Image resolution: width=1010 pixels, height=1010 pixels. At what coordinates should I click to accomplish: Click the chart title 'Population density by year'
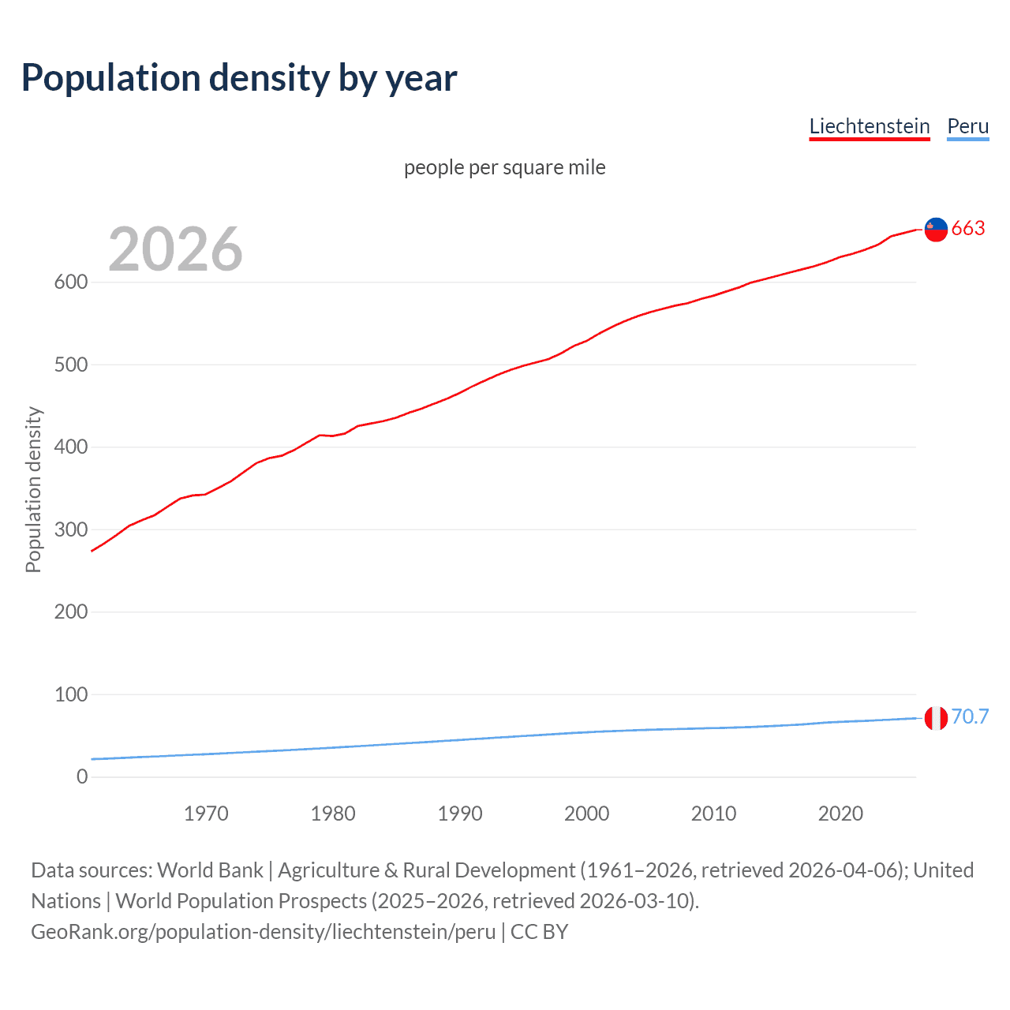pyautogui.click(x=239, y=78)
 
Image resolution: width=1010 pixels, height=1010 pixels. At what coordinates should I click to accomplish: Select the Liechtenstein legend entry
pyautogui.click(x=870, y=126)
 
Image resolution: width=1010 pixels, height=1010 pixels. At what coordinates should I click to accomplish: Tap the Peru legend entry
pyautogui.click(x=967, y=126)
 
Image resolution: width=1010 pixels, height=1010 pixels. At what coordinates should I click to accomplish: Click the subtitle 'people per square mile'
pyautogui.click(x=505, y=167)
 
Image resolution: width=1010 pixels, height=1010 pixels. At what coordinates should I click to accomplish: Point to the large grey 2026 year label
pyautogui.click(x=175, y=249)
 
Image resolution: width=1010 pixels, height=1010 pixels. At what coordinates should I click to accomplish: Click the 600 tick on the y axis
pyautogui.click(x=70, y=282)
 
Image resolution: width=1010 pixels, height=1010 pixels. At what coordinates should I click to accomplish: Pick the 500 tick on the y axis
pyautogui.click(x=70, y=365)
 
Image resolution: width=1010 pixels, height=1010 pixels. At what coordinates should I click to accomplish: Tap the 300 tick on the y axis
pyautogui.click(x=70, y=529)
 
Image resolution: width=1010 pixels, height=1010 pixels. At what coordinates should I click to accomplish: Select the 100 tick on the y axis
pyautogui.click(x=70, y=694)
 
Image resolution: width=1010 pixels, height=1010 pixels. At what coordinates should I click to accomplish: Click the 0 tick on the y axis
pyautogui.click(x=82, y=776)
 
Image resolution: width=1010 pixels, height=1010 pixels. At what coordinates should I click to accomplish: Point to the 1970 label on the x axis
pyautogui.click(x=206, y=814)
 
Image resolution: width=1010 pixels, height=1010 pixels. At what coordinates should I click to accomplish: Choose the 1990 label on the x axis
pyautogui.click(x=460, y=814)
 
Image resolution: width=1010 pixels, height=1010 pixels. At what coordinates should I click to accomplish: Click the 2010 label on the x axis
pyautogui.click(x=713, y=814)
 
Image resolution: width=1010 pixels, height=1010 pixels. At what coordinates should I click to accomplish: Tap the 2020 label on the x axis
pyautogui.click(x=840, y=814)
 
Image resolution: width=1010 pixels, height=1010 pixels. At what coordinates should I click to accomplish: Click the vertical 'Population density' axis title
pyautogui.click(x=33, y=489)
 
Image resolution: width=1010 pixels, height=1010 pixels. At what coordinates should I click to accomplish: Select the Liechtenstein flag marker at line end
pyautogui.click(x=936, y=229)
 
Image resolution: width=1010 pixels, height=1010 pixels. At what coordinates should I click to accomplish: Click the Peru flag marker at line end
pyautogui.click(x=936, y=718)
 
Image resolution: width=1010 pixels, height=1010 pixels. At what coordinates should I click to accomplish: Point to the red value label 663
pyautogui.click(x=968, y=229)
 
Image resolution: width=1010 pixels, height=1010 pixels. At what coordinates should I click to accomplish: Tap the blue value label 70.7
pyautogui.click(x=970, y=716)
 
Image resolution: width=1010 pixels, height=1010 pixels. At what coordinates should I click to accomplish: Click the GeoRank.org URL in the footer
pyautogui.click(x=264, y=932)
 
